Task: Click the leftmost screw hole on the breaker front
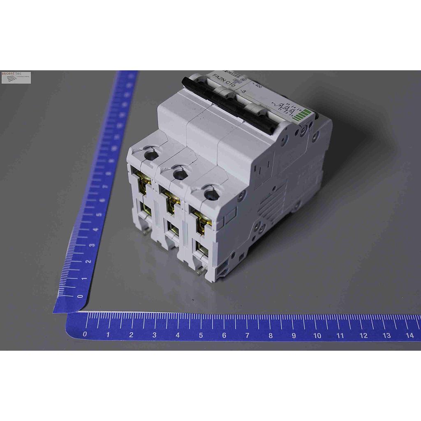[151, 155]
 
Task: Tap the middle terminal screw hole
[180, 174]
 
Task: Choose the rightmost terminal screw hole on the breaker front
[211, 194]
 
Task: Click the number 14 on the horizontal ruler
[410, 335]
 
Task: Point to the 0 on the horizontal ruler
[85, 334]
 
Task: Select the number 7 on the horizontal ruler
[247, 335]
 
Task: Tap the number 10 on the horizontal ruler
[317, 335]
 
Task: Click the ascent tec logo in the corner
[16, 77]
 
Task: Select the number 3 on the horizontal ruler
[154, 335]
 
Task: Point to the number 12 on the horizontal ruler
[363, 335]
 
